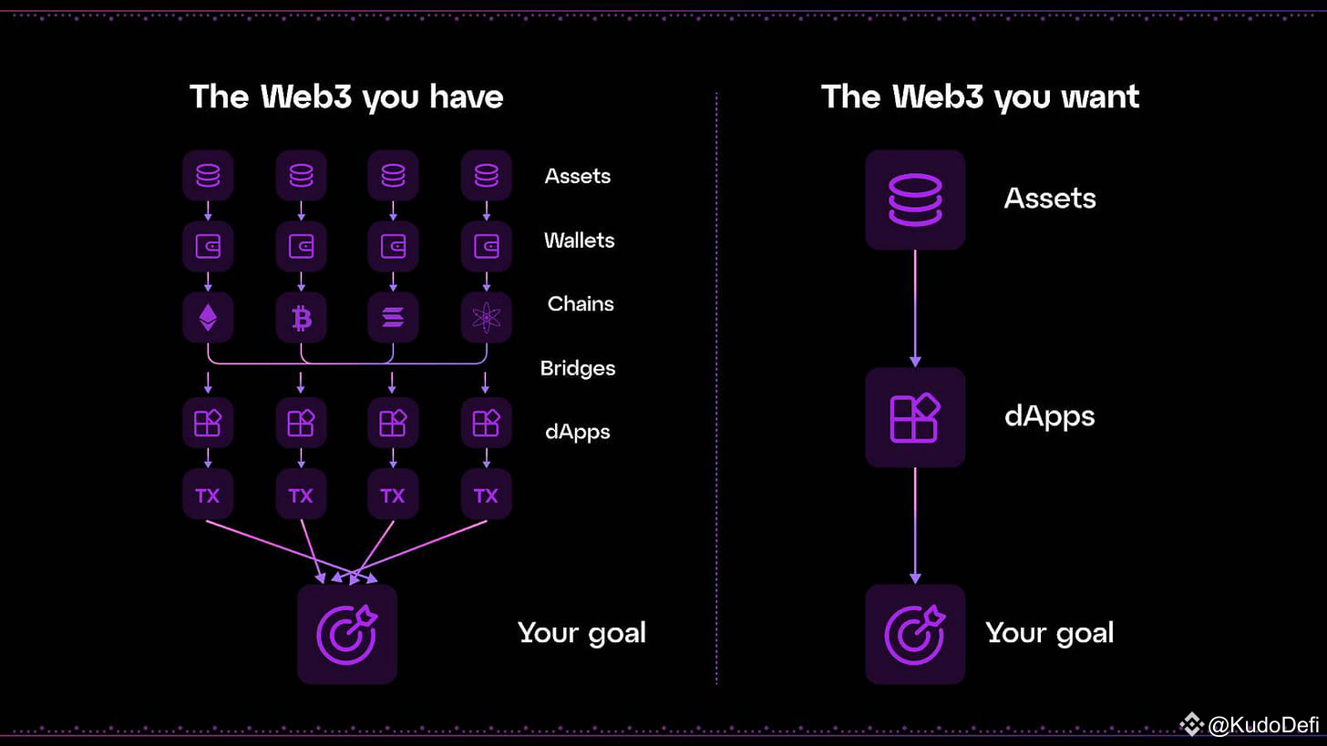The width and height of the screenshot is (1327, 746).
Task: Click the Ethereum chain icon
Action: point(208,317)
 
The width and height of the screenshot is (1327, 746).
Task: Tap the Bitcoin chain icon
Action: point(301,317)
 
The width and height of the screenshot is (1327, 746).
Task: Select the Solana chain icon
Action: point(394,317)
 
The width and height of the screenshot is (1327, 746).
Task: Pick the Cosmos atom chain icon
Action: point(487,317)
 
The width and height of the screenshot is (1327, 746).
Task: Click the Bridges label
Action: point(578,368)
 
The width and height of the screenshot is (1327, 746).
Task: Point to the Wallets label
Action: point(580,240)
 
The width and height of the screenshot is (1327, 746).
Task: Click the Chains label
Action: point(581,303)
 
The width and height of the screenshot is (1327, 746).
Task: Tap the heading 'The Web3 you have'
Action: point(346,97)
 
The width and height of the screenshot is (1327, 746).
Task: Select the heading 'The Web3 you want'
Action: point(981,97)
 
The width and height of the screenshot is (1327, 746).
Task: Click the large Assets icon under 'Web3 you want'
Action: point(915,199)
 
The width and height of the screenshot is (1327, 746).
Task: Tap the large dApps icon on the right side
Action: point(915,417)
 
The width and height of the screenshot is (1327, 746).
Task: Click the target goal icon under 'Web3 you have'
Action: point(347,634)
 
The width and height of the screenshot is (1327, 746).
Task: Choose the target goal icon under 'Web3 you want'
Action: point(915,634)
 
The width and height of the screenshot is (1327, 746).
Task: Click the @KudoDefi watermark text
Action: point(1263,725)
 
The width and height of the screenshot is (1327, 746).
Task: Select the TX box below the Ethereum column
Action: point(208,495)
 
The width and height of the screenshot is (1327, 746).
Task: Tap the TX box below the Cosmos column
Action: point(487,495)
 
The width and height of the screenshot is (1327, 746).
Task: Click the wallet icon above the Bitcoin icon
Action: point(301,246)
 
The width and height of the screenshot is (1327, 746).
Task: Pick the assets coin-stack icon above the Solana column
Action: point(394,175)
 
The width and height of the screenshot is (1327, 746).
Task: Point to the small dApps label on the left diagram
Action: point(578,432)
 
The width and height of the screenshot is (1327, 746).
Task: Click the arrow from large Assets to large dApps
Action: point(915,309)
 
